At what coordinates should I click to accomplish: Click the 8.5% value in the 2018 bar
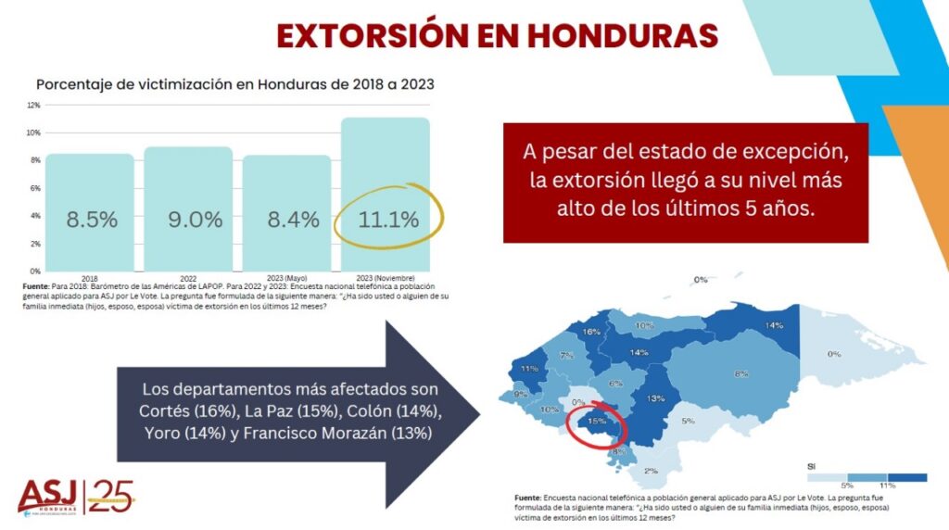click(91, 220)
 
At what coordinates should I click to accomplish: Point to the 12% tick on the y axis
click(33, 105)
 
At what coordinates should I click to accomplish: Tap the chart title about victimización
click(235, 83)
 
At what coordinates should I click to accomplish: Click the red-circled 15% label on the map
click(598, 422)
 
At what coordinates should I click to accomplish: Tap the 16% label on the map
click(591, 331)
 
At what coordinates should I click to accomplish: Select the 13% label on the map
click(656, 398)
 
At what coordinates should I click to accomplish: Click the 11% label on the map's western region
click(530, 369)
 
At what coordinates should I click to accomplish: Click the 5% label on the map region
click(688, 421)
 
